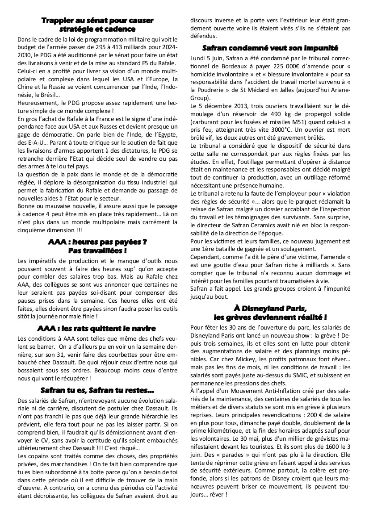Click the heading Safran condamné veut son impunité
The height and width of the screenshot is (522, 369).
coord(270,47)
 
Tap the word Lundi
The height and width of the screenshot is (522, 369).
coord(198,58)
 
